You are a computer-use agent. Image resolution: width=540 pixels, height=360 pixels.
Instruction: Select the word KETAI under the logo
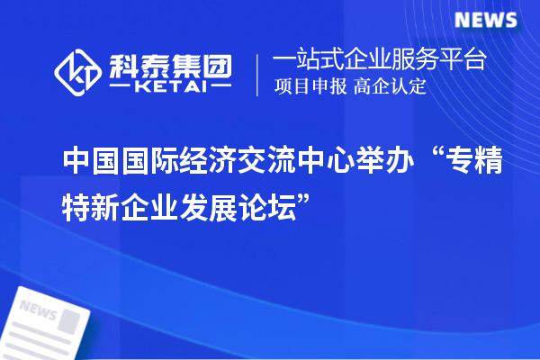click(170, 86)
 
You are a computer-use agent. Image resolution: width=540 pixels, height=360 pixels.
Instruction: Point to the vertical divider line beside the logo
click(258, 74)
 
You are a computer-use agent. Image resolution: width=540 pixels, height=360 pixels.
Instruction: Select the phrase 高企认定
click(390, 87)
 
